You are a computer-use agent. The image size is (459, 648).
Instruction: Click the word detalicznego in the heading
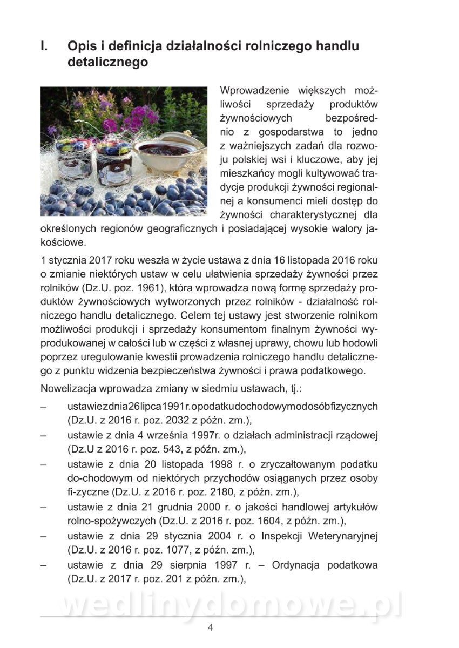(107, 63)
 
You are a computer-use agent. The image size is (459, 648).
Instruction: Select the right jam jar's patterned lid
(114, 145)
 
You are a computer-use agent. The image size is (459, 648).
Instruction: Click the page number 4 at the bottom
(211, 627)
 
